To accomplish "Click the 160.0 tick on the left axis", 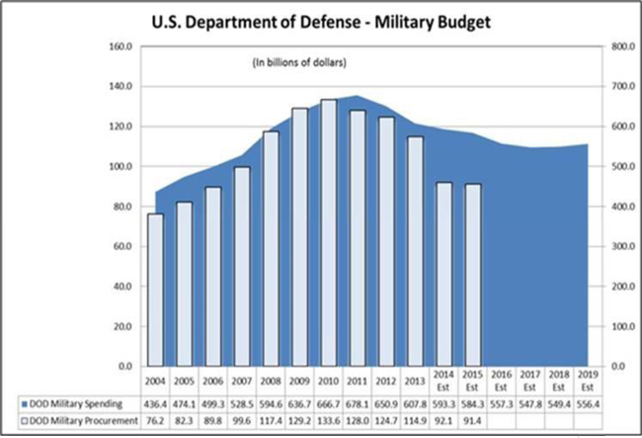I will pos(120,46).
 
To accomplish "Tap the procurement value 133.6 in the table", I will pos(329,422).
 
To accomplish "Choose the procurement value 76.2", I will pos(155,422).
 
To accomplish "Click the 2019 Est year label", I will pos(589,383).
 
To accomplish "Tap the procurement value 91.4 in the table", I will pos(473,422).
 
